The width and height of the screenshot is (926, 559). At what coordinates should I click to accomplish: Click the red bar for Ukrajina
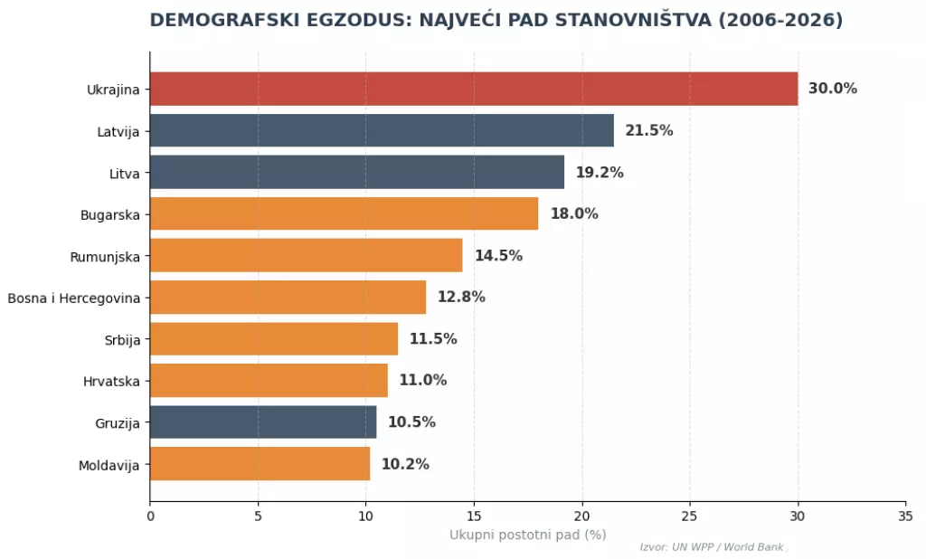pos(474,89)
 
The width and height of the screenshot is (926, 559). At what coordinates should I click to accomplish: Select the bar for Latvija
pos(382,130)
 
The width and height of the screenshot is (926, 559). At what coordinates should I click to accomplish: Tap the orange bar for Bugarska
pos(344,213)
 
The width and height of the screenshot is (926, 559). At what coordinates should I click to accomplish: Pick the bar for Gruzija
pos(263,422)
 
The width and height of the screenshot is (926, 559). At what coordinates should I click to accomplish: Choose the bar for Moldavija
pos(260,463)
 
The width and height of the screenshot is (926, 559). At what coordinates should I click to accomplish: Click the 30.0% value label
pos(832,89)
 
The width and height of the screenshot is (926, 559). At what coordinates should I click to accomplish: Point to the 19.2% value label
pos(600,172)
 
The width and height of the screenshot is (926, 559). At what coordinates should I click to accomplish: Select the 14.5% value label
pos(498,255)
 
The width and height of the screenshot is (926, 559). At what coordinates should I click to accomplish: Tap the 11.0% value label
pos(422,380)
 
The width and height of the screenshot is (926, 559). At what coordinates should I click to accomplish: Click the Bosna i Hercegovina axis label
pos(73,297)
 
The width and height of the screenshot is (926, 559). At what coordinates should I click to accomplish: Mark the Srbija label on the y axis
pos(122,338)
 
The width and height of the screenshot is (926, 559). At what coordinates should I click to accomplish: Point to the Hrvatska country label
pos(111,380)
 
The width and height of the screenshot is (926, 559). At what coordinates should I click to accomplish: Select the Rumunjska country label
pos(105,255)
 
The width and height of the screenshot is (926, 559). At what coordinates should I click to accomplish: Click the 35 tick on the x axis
pos(905,516)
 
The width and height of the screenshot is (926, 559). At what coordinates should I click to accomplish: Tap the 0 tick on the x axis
pos(150,516)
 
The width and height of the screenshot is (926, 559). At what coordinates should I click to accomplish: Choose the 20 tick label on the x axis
pos(581,516)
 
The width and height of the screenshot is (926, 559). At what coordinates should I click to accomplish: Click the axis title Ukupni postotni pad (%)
pos(527,535)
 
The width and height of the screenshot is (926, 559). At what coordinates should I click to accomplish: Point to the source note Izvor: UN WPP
pos(713,547)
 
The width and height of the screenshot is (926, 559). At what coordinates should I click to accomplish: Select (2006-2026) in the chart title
pos(780,20)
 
